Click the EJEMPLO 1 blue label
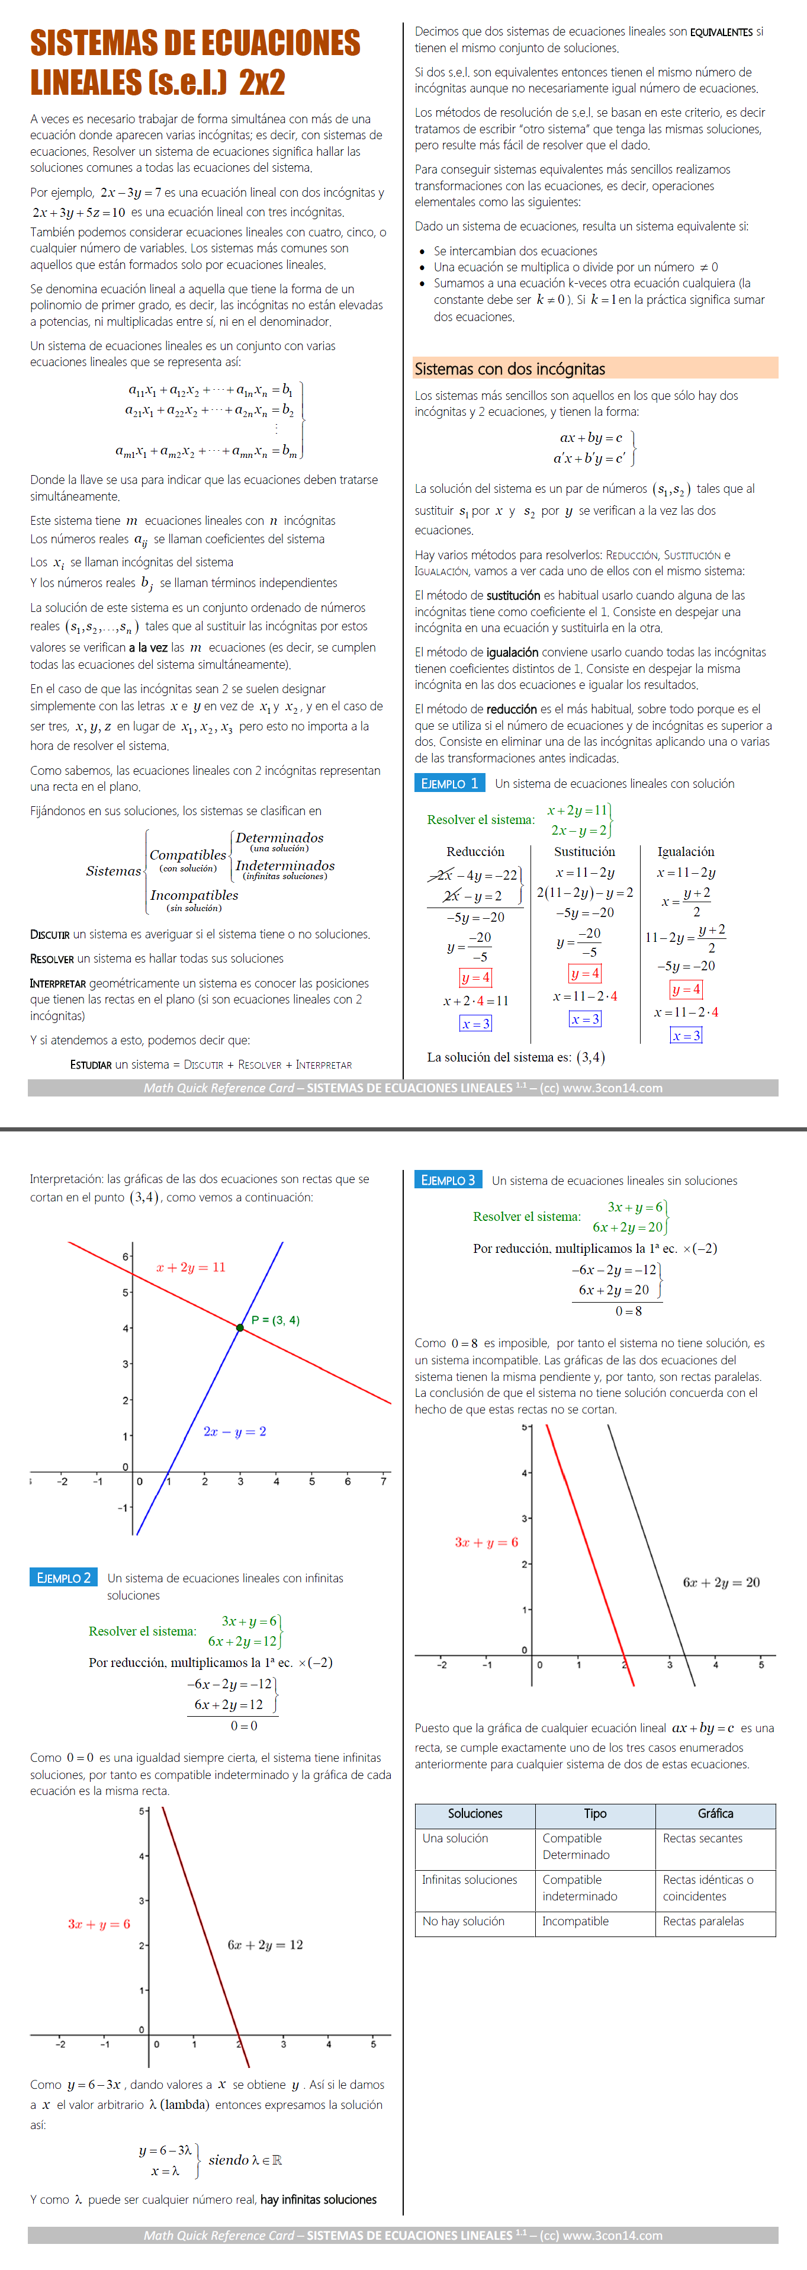(448, 783)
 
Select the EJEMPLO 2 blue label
(63, 1578)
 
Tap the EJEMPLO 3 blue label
(448, 1180)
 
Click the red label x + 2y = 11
(190, 1267)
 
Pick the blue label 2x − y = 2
(234, 1431)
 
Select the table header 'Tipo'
(594, 1813)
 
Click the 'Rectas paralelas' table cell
(703, 1921)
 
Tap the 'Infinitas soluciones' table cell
(469, 1880)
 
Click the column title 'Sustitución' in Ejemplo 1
(584, 851)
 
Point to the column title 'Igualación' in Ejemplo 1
(686, 851)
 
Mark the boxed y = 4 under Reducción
(475, 977)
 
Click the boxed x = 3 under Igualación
(686, 1035)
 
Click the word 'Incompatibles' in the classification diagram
(194, 895)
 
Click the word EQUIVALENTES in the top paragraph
(721, 32)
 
